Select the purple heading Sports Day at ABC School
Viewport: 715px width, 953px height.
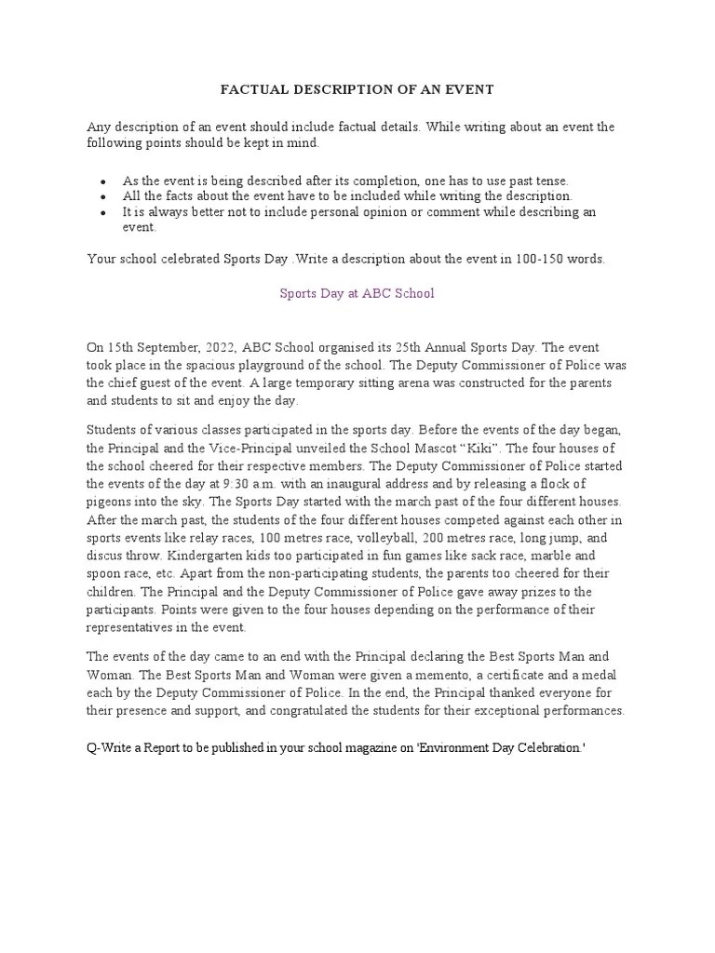[357, 293]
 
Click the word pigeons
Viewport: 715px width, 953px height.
[109, 502]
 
